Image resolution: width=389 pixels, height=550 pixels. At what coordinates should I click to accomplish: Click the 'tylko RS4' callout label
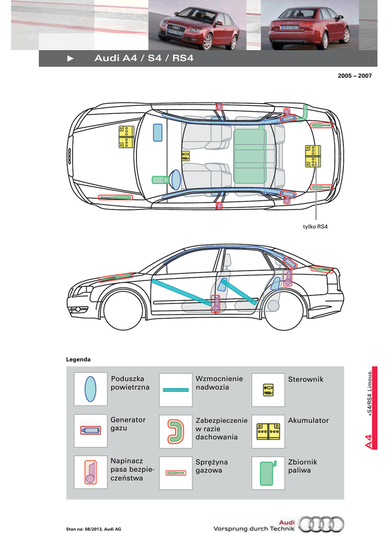pos(315,227)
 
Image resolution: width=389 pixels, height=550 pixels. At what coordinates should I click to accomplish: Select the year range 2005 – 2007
pos(355,76)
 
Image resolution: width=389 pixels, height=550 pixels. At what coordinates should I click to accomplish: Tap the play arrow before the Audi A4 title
pos(70,59)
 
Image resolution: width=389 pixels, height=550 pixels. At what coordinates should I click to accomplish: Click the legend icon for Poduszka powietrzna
pos(90,389)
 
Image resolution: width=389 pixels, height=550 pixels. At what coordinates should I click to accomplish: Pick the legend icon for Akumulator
pos(268,431)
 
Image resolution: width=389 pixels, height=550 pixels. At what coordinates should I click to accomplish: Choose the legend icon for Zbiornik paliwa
pos(268,473)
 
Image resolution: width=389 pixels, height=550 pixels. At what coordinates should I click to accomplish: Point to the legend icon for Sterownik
pos(268,390)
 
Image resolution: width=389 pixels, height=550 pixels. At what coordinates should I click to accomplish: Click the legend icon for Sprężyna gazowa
pos(176,473)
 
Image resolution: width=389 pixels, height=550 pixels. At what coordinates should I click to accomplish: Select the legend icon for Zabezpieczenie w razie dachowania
pos(176,431)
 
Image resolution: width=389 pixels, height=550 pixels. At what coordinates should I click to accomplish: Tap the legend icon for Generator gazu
pos(90,431)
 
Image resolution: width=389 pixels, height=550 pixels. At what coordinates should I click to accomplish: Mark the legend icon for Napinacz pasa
pos(90,472)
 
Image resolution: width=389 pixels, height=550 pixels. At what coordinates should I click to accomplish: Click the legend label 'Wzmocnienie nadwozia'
pos(219,383)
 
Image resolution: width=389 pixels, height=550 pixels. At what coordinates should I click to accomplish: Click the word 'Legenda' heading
pos(78,359)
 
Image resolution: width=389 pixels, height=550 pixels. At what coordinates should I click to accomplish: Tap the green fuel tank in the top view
pos(250,156)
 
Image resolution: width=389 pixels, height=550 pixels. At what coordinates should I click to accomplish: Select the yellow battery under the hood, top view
pos(126,137)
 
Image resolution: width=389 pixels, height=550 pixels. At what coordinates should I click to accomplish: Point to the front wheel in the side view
pos(124,311)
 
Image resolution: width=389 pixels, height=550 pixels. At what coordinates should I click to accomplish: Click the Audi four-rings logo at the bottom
pos(321,524)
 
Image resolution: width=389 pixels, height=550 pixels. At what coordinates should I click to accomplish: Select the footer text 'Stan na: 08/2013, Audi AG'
pos(93,529)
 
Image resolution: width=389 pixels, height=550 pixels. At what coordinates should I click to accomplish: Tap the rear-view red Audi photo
pos(309,25)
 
